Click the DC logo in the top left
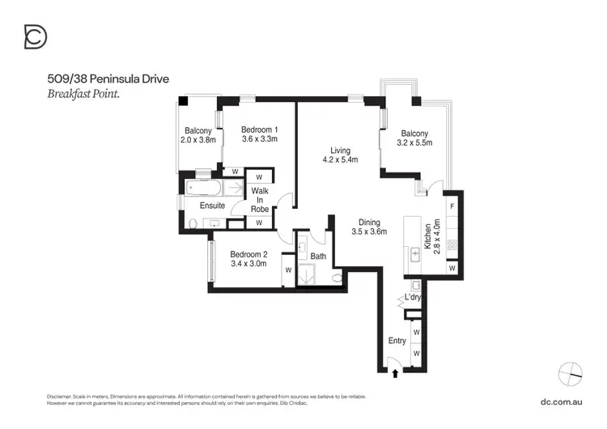(x=36, y=36)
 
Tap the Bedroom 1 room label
(x=260, y=130)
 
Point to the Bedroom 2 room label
(x=248, y=253)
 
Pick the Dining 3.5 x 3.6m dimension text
(x=369, y=231)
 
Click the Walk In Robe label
(x=260, y=199)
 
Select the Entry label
(x=397, y=341)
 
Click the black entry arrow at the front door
(x=395, y=373)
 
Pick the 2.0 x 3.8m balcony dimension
(x=198, y=140)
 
